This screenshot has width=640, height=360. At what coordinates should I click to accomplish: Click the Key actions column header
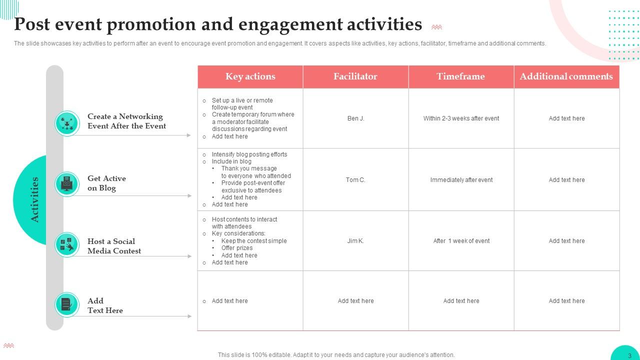point(250,76)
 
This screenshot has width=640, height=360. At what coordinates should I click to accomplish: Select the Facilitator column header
point(355,76)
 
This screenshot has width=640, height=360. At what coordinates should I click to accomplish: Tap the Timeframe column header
point(460,76)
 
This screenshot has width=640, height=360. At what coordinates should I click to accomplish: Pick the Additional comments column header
point(566,76)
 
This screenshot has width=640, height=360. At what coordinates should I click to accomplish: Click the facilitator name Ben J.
point(355,118)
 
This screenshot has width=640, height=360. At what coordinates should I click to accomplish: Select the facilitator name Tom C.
point(355,180)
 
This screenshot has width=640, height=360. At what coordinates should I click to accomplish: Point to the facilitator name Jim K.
point(355,241)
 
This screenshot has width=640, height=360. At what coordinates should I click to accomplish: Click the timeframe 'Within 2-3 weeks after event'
point(461,118)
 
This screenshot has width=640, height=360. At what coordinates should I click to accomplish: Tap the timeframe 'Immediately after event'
point(461,180)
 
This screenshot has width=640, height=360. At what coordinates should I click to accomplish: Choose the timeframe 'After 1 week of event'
point(461,241)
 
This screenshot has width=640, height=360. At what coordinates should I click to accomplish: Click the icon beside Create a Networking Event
point(67,123)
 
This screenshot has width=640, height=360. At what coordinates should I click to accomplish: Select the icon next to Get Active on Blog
point(67,184)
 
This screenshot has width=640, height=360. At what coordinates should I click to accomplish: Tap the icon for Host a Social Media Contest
point(67,244)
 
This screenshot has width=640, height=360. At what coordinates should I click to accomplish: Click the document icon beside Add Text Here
point(67,304)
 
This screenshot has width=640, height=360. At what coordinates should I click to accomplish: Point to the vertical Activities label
point(35,199)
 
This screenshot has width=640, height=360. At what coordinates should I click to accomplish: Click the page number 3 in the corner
point(629,355)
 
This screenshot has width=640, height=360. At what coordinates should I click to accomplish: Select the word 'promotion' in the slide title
point(154,24)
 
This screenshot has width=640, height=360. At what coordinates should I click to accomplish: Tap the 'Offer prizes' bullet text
point(237,248)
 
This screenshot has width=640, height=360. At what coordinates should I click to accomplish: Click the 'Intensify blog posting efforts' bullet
point(249,154)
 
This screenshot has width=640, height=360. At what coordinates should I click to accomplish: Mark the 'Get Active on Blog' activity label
point(106,183)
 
